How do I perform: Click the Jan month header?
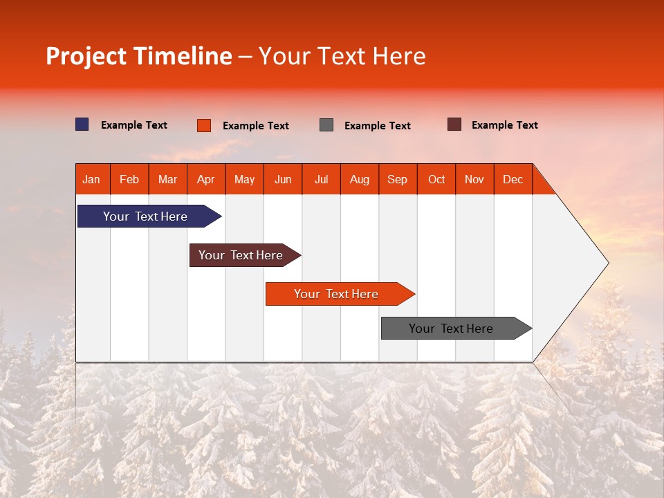92,179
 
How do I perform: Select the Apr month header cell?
206,179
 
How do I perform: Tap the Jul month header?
321,179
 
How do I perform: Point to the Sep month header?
398,179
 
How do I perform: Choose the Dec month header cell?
513,179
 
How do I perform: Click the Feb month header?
129,179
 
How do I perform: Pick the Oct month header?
436,179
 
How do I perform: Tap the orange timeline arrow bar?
337,294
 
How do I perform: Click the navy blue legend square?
82,124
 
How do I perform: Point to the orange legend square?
204,125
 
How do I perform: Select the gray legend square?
326,125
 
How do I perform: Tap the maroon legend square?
454,124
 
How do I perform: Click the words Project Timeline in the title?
138,56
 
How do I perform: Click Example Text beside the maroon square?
504,125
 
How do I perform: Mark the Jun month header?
283,179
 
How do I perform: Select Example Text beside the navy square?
134,125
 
